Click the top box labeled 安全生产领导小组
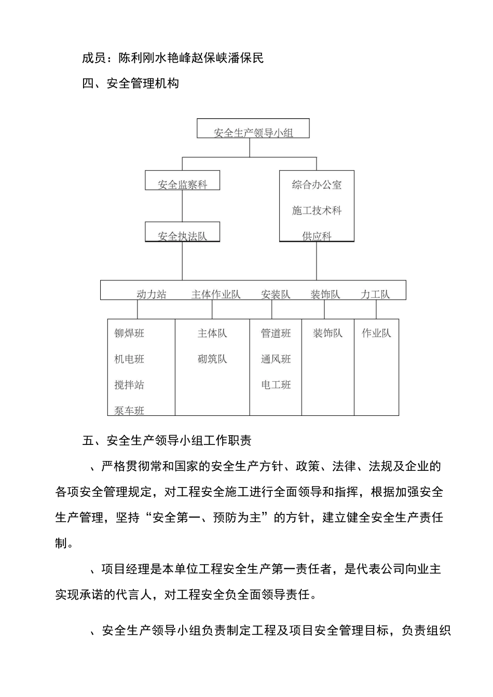click(253, 129)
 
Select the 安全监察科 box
click(182, 181)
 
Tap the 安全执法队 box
click(182, 233)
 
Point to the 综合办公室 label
click(317, 185)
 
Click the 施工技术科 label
click(317, 211)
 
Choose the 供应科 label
click(317, 236)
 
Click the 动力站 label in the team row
click(152, 295)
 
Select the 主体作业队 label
click(216, 295)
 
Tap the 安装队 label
click(276, 295)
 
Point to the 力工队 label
click(375, 295)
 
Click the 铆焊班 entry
click(129, 333)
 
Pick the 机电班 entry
click(129, 359)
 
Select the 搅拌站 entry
click(129, 385)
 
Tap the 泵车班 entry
click(129, 411)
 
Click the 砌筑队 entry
click(212, 359)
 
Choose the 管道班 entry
click(276, 333)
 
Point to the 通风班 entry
click(276, 359)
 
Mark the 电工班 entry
click(276, 385)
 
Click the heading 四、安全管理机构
click(131, 83)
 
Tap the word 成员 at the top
click(94, 58)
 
